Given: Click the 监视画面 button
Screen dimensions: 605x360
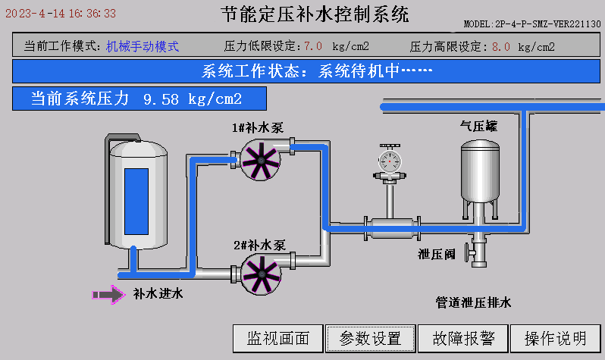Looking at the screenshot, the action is tap(277, 338).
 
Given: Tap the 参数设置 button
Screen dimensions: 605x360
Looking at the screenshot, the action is tap(371, 338).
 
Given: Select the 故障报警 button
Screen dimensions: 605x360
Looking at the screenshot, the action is tap(463, 338).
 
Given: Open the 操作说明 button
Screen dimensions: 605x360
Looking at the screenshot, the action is tap(556, 338).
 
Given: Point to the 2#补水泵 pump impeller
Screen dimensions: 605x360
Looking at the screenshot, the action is tap(262, 274).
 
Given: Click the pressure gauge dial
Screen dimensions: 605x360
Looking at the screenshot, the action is tap(390, 161).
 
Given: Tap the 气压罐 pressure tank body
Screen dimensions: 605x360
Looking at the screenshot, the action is tap(480, 171).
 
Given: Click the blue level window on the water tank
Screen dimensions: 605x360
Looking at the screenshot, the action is tap(136, 202).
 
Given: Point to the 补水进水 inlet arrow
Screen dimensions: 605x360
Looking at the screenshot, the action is tap(108, 295).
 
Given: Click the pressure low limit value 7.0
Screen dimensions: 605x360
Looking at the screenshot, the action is tap(313, 46).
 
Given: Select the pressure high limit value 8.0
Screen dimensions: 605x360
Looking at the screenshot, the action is tap(501, 47).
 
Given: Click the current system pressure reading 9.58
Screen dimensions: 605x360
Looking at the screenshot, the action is tap(161, 99).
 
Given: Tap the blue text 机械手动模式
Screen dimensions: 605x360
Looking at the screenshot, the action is tap(143, 46).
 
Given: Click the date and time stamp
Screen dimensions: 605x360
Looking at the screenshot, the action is tap(61, 14).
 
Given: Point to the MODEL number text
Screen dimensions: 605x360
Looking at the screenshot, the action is tap(532, 24).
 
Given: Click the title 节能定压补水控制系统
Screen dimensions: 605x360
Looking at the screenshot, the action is tap(315, 14).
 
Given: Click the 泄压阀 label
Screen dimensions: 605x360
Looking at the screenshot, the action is tap(437, 255).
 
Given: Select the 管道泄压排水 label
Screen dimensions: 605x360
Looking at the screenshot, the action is tap(473, 302).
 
